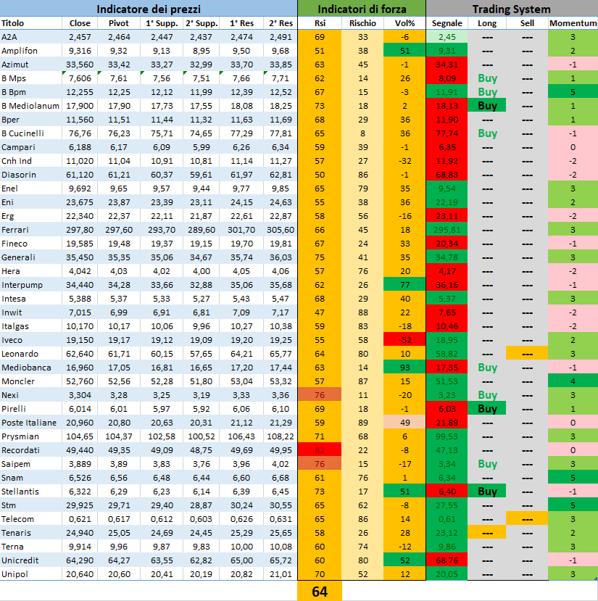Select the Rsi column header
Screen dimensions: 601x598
click(x=320, y=23)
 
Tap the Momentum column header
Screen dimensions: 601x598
click(x=572, y=23)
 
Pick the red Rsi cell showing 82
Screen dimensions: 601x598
click(x=320, y=450)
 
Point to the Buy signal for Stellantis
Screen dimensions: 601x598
click(x=487, y=492)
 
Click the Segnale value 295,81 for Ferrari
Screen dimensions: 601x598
click(x=447, y=230)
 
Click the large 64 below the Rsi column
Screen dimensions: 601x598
click(x=320, y=592)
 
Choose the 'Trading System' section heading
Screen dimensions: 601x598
click(x=511, y=9)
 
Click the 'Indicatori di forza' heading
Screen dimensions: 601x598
click(x=362, y=9)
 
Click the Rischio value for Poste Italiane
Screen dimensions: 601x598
click(x=362, y=423)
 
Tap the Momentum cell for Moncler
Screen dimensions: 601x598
click(x=572, y=381)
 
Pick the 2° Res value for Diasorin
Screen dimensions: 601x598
click(x=279, y=175)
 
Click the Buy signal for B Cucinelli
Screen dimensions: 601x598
click(x=487, y=133)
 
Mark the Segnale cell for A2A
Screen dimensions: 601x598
click(x=447, y=37)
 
